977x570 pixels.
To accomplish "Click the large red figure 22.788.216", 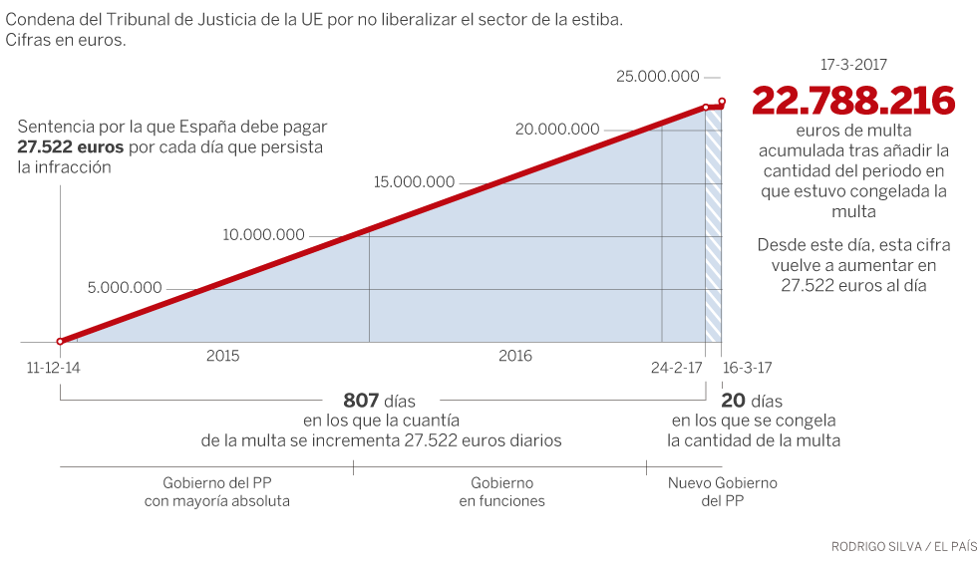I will (x=853, y=102).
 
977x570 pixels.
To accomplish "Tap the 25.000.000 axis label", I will (x=658, y=76).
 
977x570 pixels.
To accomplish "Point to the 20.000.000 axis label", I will (x=557, y=129).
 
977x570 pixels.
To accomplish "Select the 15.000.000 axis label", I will (x=414, y=182).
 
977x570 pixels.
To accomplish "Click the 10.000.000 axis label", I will (x=263, y=235).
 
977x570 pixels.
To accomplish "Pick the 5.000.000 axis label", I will (x=125, y=288).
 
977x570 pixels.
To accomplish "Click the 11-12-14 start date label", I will (x=54, y=367).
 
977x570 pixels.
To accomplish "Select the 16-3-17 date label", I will (x=748, y=367).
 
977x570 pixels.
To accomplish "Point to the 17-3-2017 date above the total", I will (x=853, y=64).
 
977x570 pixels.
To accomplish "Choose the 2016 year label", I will (x=515, y=356).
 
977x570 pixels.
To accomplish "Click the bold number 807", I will (x=361, y=401).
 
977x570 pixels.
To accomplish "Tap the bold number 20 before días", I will (x=733, y=401).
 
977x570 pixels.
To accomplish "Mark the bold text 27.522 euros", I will (x=70, y=147).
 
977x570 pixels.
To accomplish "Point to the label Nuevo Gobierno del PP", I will (x=722, y=492).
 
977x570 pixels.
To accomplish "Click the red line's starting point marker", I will (x=60, y=341).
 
